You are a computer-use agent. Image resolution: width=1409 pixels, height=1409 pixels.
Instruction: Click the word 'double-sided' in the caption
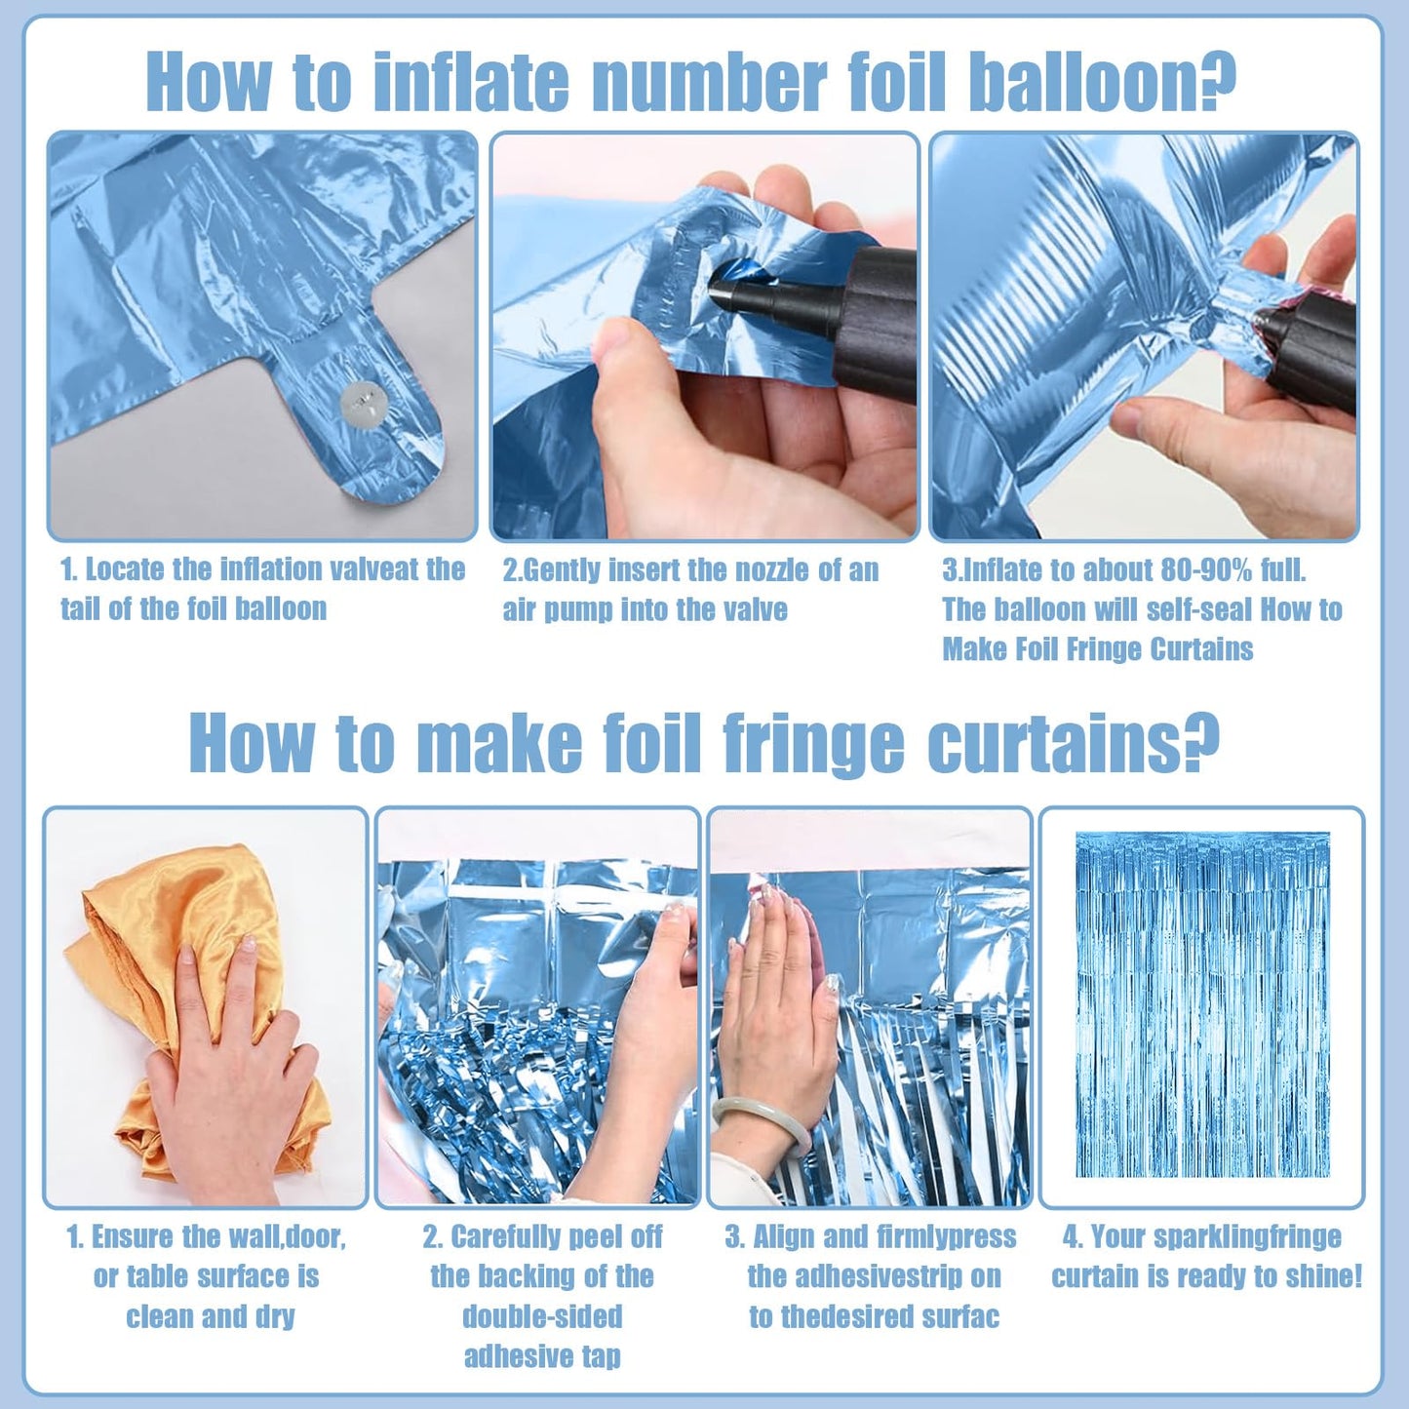[x=542, y=1317]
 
